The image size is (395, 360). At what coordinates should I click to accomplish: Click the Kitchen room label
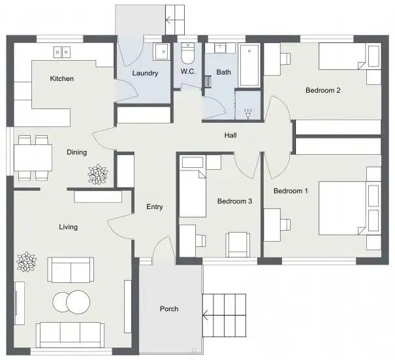62,79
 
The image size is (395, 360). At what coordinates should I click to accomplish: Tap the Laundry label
145,73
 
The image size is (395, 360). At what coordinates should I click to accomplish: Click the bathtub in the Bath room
249,65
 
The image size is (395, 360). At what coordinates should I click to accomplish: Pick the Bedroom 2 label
323,90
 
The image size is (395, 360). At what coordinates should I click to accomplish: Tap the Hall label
230,136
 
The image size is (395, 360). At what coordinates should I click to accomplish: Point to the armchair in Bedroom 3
237,244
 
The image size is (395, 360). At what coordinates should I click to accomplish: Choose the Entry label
154,207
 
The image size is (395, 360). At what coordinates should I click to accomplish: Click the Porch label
169,309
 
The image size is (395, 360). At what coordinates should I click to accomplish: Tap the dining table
33,157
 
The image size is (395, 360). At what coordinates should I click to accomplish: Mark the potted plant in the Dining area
98,174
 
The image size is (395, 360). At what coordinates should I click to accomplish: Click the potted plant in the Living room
27,262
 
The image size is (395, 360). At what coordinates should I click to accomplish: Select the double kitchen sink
63,51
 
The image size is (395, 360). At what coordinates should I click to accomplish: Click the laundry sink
161,52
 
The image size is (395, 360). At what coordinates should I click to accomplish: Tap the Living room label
68,227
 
